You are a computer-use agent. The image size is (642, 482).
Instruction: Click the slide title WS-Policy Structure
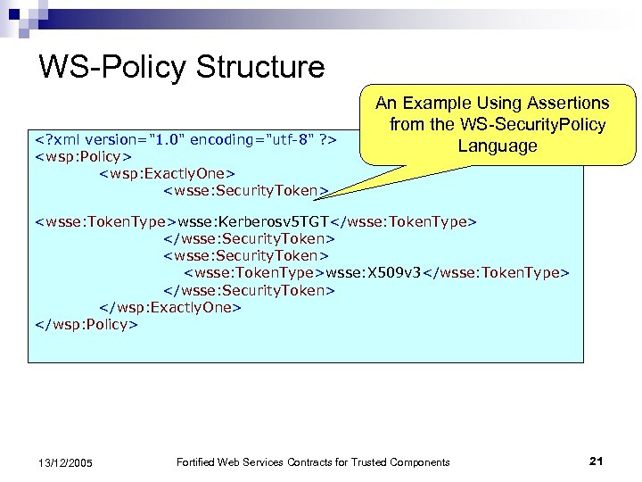point(182,67)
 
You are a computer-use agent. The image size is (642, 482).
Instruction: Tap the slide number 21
point(597,461)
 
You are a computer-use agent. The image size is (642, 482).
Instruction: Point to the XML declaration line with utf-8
point(185,140)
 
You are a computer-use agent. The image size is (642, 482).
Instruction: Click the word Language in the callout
point(498,145)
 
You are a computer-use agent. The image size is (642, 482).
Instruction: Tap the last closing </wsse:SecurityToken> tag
point(249,289)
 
